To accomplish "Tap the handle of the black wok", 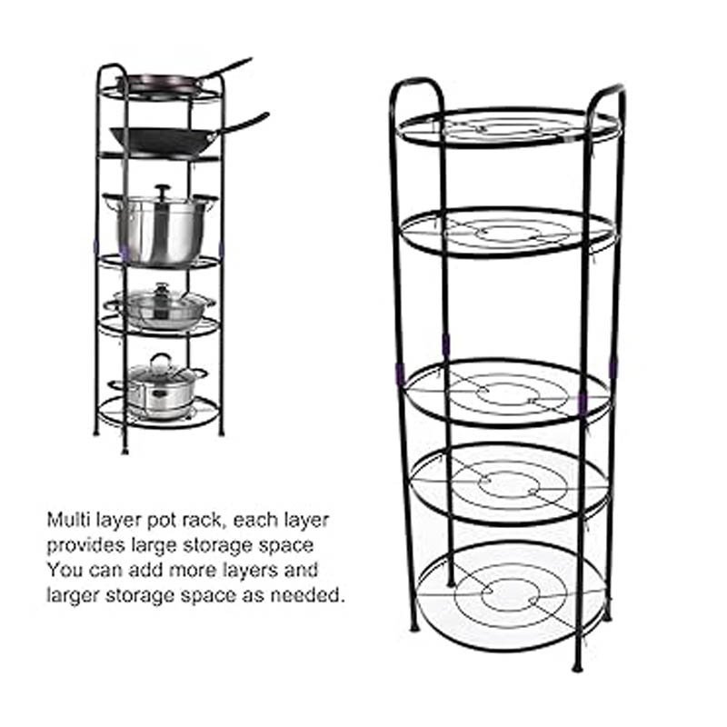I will [240, 122].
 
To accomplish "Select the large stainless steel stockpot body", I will [160, 232].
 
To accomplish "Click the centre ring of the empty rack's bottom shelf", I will [509, 586].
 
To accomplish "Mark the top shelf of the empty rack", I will [509, 128].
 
